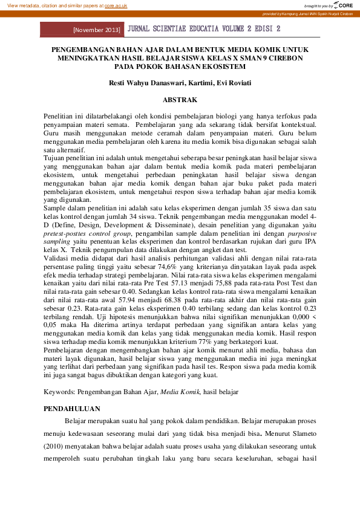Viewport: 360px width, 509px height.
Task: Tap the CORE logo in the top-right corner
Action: point(342,5)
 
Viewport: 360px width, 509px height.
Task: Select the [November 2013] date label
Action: point(96,29)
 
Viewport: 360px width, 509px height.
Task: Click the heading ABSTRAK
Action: point(180,98)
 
